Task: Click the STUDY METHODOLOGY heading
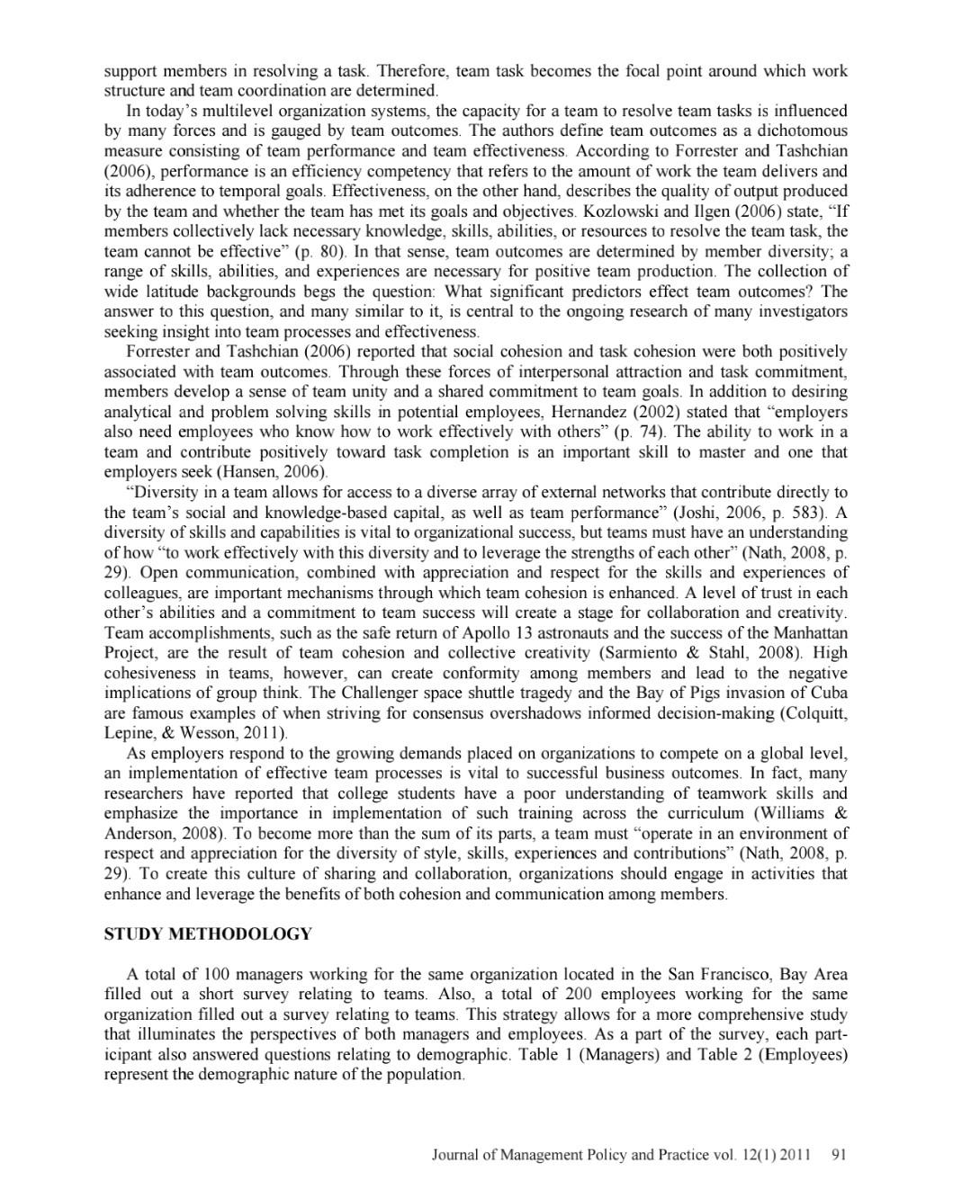(x=208, y=934)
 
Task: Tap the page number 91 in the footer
(x=839, y=1154)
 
